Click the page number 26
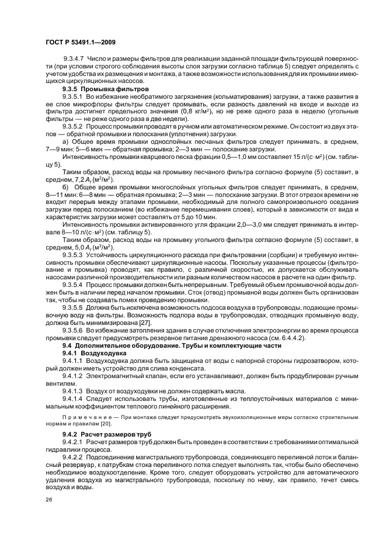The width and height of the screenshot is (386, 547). coord(48,500)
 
